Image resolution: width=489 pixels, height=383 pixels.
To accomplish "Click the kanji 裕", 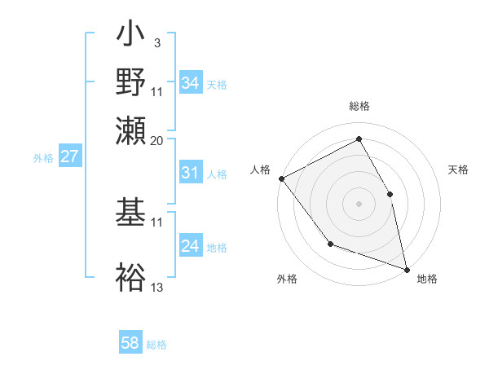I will pyautogui.click(x=131, y=277).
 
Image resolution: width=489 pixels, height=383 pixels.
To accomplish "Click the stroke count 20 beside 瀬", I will pyautogui.click(x=157, y=139).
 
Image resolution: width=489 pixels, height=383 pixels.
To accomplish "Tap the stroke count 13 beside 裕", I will pyautogui.click(x=157, y=287).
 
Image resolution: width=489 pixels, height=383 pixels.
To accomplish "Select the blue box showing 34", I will pyautogui.click(x=190, y=83).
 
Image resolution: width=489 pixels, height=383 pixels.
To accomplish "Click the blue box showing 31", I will pyautogui.click(x=190, y=173).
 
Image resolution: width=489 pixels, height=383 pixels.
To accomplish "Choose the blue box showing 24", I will pyautogui.click(x=190, y=246).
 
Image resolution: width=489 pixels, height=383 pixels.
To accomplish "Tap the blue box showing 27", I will pyautogui.click(x=69, y=156).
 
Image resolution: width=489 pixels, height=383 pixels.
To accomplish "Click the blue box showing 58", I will pyautogui.click(x=130, y=343).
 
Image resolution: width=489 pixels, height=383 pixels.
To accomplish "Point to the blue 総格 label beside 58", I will pyautogui.click(x=156, y=345).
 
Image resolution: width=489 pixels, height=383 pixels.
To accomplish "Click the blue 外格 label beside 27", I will pyautogui.click(x=42, y=158).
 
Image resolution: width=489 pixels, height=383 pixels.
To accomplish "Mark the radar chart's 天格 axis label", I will pyautogui.click(x=458, y=169).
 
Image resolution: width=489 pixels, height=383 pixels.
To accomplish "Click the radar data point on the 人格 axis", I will pyautogui.click(x=281, y=178).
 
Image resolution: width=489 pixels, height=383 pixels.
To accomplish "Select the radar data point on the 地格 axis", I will pyautogui.click(x=406, y=268).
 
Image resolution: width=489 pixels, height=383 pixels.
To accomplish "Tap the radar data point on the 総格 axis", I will pyautogui.click(x=359, y=139).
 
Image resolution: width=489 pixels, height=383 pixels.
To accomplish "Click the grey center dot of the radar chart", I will pyautogui.click(x=359, y=203).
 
